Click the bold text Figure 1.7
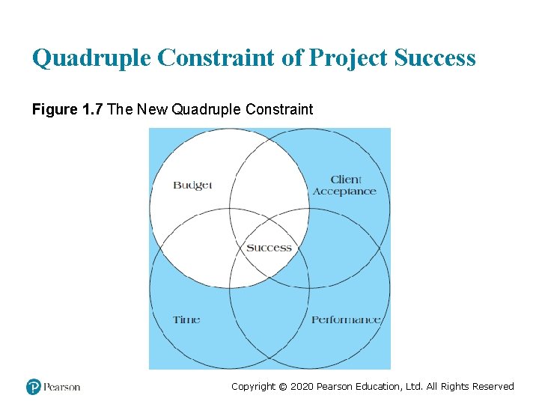(x=68, y=110)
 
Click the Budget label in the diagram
(x=192, y=185)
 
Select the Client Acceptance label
(x=345, y=186)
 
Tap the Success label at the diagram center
(x=269, y=248)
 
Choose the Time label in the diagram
(x=186, y=319)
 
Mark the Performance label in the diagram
(x=346, y=319)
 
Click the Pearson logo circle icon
(x=34, y=387)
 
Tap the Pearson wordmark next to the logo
(x=62, y=387)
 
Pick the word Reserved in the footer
(x=490, y=387)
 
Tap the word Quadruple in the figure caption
(x=210, y=110)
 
